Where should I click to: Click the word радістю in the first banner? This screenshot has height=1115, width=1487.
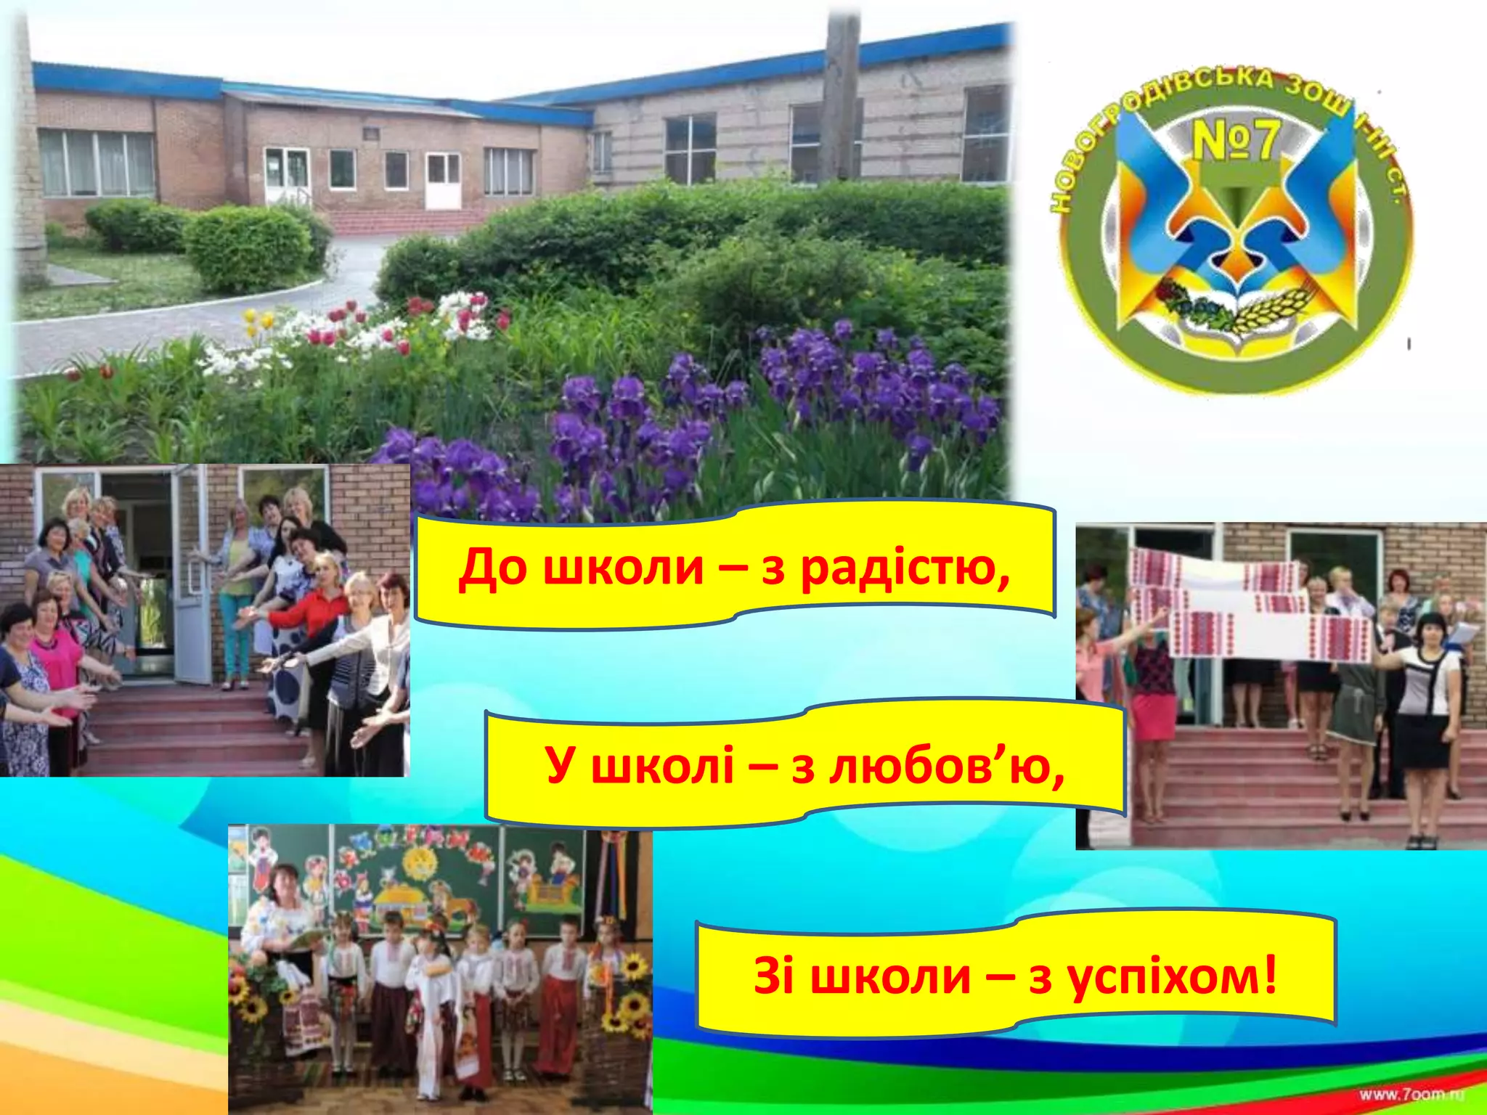(905, 569)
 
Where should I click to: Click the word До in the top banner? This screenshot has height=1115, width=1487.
(492, 568)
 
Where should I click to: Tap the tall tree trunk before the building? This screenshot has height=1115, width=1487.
(842, 94)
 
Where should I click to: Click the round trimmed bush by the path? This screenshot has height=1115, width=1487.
(247, 247)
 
